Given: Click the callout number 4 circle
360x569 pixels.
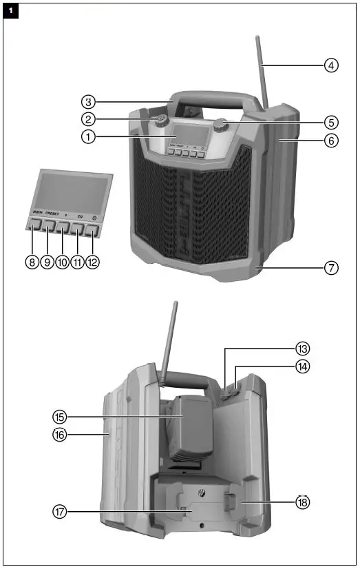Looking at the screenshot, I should (x=332, y=66).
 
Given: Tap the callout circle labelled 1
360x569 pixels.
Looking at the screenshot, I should (x=87, y=136).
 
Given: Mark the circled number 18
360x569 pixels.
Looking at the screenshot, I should (x=302, y=502).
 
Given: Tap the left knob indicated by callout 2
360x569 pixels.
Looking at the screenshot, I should (x=162, y=122).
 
